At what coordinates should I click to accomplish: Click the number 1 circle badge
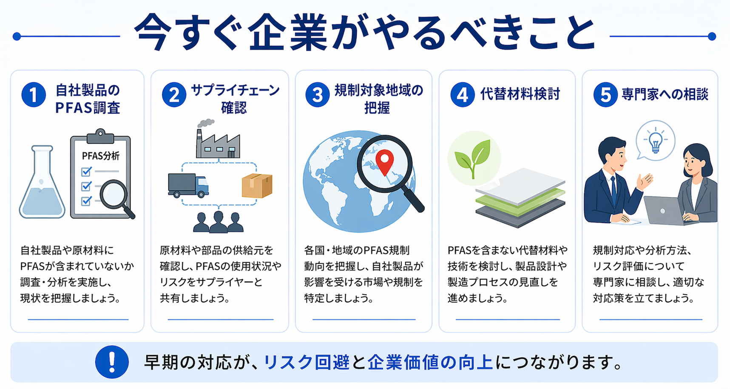34,95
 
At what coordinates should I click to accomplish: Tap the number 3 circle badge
318,95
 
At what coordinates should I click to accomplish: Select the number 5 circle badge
605,95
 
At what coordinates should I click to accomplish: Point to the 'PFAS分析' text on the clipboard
101,156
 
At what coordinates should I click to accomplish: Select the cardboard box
257,186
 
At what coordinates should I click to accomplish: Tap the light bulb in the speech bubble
655,140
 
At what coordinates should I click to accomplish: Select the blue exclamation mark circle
112,362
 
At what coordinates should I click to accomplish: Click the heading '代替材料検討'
520,94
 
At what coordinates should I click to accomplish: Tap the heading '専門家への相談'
665,94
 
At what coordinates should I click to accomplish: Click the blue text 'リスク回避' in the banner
307,362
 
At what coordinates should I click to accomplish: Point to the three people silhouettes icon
218,222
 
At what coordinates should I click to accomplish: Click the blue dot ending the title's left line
17,37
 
